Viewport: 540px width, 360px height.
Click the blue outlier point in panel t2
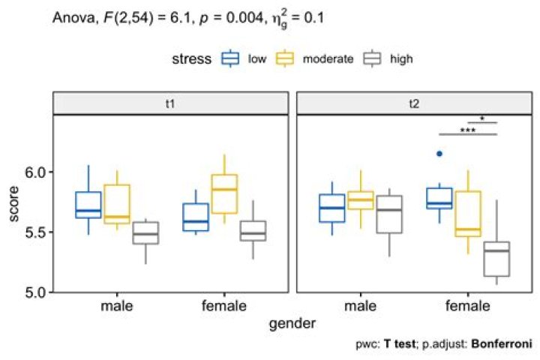tap(440, 154)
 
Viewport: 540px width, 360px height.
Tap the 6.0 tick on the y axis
tap(34, 172)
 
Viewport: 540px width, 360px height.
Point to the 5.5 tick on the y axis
tap(34, 232)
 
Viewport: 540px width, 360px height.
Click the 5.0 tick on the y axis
tap(34, 291)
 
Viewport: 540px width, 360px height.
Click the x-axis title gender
tap(292, 324)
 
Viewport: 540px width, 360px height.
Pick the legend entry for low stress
tap(242, 58)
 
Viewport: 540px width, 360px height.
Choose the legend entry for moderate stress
tap(315, 58)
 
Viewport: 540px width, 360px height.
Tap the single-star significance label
tap(482, 118)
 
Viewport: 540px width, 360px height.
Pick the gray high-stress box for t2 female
tap(496, 259)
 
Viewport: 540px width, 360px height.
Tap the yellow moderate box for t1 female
tap(224, 194)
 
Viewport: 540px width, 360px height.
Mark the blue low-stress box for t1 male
tap(88, 205)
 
